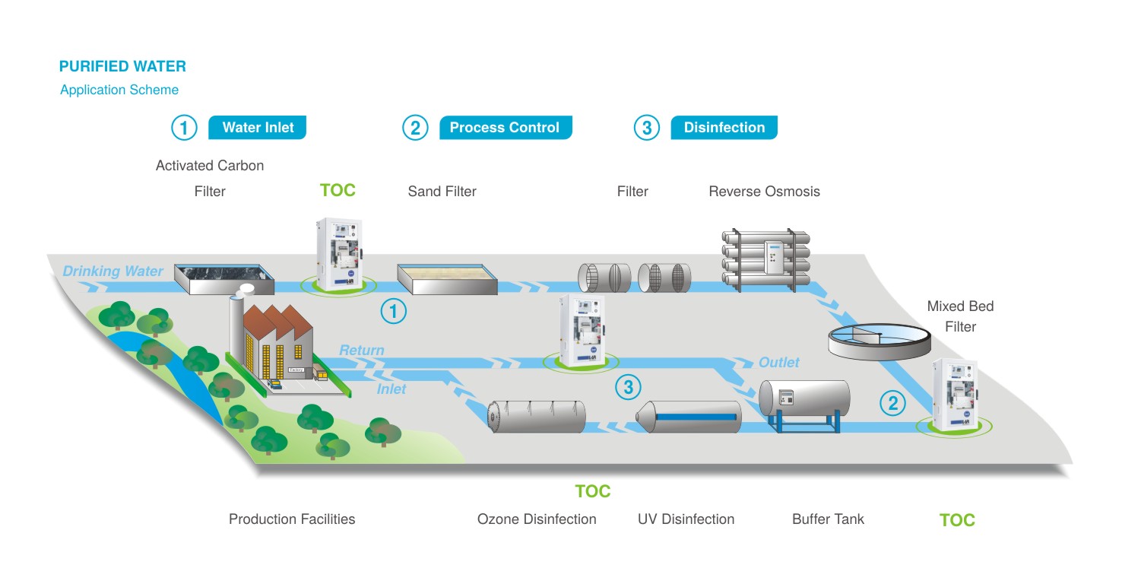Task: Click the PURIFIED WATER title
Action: pyautogui.click(x=122, y=66)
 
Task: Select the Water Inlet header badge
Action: pyautogui.click(x=258, y=128)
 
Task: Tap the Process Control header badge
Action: pyautogui.click(x=505, y=128)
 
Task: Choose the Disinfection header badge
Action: pyautogui.click(x=724, y=128)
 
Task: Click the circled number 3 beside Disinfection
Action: pyautogui.click(x=646, y=128)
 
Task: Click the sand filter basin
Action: pyautogui.click(x=447, y=278)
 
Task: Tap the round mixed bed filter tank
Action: pyautogui.click(x=879, y=340)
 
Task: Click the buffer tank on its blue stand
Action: pyautogui.click(x=804, y=401)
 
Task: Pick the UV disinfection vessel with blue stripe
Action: pyautogui.click(x=689, y=417)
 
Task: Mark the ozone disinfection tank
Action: pyautogui.click(x=537, y=417)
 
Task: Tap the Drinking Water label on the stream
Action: pyautogui.click(x=113, y=271)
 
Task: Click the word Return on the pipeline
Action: pyautogui.click(x=361, y=351)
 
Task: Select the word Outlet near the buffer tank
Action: pyautogui.click(x=778, y=363)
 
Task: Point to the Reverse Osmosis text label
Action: pyautogui.click(x=764, y=192)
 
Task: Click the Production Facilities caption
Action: pyautogui.click(x=292, y=519)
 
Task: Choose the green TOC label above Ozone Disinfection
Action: pyautogui.click(x=593, y=491)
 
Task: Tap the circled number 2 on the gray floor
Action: pyautogui.click(x=892, y=402)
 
